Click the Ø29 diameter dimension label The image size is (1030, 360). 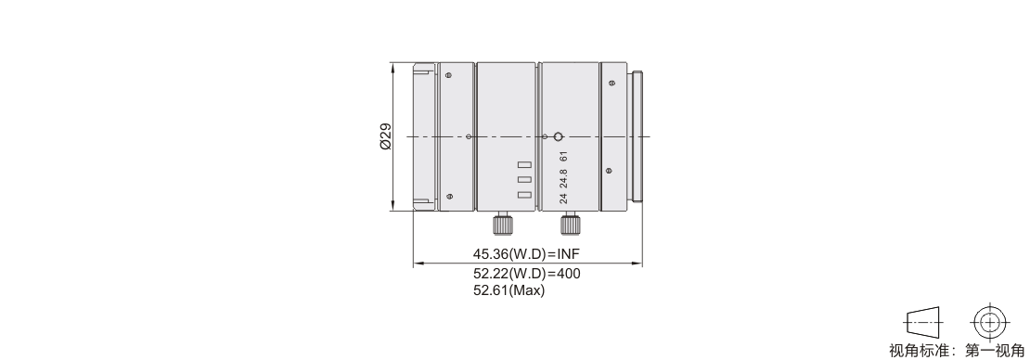pyautogui.click(x=386, y=136)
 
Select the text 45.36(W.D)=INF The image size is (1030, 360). pyautogui.click(x=527, y=254)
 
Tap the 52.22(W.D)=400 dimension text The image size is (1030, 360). pyautogui.click(x=527, y=274)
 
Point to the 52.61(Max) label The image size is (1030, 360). pyautogui.click(x=509, y=290)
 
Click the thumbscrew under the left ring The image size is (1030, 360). pyautogui.click(x=503, y=224)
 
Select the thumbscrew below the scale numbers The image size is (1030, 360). pyautogui.click(x=570, y=224)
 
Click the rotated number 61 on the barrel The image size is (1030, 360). pyautogui.click(x=563, y=157)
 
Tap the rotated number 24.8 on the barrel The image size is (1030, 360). pyautogui.click(x=563, y=179)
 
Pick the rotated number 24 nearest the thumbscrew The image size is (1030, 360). pyautogui.click(x=563, y=199)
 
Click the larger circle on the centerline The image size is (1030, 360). pyautogui.click(x=558, y=136)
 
